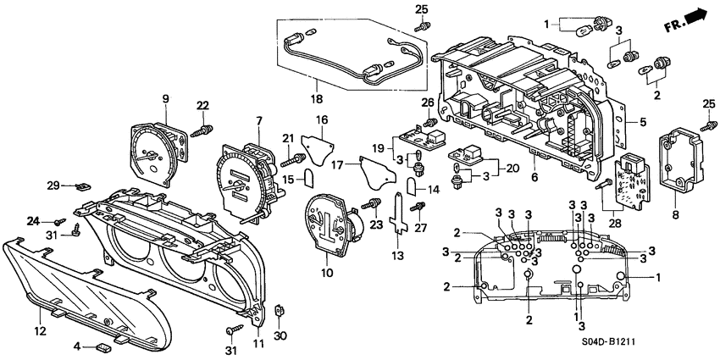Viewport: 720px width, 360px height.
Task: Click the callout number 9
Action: [165, 98]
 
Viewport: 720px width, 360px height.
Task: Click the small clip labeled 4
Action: [102, 346]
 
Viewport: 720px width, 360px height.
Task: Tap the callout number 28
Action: [613, 221]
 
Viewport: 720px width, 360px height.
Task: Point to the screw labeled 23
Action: [370, 205]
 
